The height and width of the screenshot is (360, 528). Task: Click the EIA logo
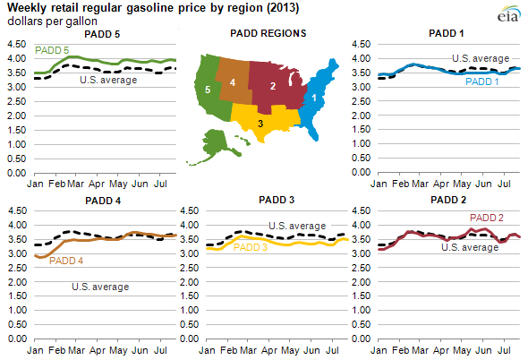click(506, 15)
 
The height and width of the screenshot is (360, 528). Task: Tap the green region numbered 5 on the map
click(208, 90)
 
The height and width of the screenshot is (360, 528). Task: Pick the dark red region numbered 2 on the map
click(272, 85)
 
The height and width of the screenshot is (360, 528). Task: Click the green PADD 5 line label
click(53, 49)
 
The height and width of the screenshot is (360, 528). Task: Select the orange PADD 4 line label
click(66, 261)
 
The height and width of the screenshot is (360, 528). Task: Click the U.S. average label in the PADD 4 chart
click(100, 287)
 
